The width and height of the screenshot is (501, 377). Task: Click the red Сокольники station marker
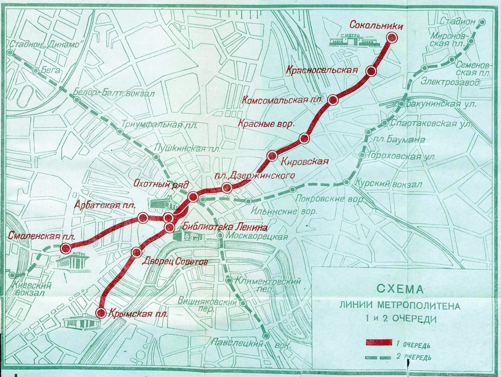click(x=392, y=38)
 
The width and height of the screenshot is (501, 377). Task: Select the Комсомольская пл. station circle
click(x=333, y=99)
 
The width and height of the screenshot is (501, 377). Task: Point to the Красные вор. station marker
click(x=304, y=138)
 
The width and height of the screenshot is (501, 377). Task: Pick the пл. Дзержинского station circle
click(x=227, y=187)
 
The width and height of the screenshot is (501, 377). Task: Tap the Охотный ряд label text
click(x=162, y=184)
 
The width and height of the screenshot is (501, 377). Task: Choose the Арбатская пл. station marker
click(x=143, y=218)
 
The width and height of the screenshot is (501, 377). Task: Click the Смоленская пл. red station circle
click(x=65, y=248)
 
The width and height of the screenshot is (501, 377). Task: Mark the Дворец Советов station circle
click(x=136, y=252)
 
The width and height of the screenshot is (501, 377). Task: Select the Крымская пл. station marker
click(x=101, y=312)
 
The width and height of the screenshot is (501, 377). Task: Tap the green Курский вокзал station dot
click(x=347, y=182)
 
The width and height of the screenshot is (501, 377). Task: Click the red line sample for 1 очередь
click(x=379, y=343)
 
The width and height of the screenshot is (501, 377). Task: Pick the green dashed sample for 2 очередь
click(x=379, y=357)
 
